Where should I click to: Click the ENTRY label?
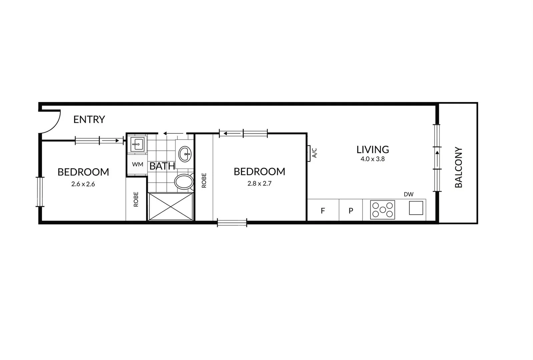(89, 119)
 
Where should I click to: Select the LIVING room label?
(373, 149)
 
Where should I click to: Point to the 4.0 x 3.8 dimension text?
(373, 159)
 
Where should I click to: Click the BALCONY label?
(459, 167)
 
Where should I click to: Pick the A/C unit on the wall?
(310, 153)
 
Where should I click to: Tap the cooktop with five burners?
(383, 210)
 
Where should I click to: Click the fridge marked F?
(323, 210)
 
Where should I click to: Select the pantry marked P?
(351, 210)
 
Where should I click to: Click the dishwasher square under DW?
(416, 208)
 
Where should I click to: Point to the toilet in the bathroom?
(184, 182)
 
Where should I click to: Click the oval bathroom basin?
(185, 154)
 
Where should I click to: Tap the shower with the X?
(170, 206)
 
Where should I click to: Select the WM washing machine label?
(137, 164)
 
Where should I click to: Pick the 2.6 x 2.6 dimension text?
(83, 184)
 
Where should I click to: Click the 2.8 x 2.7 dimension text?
(259, 183)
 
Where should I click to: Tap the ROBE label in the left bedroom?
(136, 199)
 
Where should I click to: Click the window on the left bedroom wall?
(40, 192)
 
